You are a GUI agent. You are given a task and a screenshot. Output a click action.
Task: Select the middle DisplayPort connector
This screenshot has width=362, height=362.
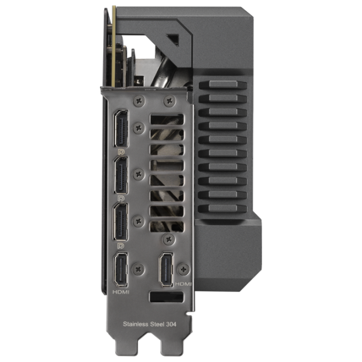(x=121, y=175)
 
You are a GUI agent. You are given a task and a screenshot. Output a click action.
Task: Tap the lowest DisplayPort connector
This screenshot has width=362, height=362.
(x=121, y=222)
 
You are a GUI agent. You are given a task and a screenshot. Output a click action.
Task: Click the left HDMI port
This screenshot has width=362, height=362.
(x=121, y=269)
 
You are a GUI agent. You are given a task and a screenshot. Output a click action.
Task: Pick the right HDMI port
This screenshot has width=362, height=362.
(x=166, y=269)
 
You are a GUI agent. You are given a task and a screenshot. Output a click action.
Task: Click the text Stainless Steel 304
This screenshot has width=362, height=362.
(x=150, y=324)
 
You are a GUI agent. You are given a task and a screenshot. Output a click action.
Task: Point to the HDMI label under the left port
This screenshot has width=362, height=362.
(x=121, y=292)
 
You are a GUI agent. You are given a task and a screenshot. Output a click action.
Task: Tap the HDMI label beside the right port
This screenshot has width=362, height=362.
(x=183, y=284)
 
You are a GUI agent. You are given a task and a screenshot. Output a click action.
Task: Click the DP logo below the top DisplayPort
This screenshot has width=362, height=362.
(x=121, y=151)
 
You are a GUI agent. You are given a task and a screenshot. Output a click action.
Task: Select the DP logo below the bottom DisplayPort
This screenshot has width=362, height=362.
(x=121, y=246)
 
